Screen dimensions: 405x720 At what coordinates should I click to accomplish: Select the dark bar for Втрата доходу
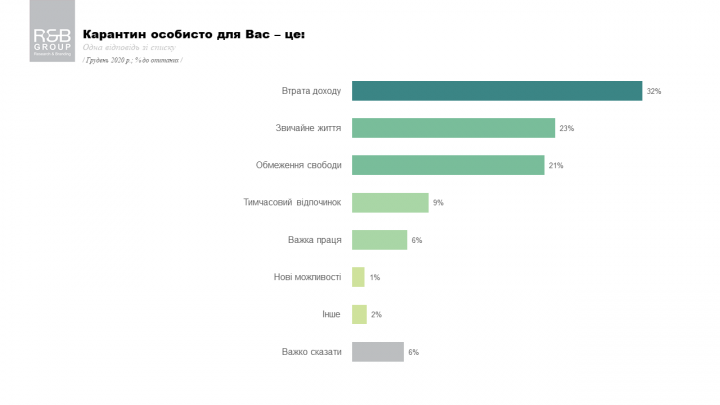(x=497, y=91)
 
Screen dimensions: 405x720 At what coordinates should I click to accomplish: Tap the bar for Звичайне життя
(x=453, y=128)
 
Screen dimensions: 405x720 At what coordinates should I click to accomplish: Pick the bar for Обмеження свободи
(x=448, y=165)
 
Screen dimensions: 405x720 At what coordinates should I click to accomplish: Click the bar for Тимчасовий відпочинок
(x=390, y=202)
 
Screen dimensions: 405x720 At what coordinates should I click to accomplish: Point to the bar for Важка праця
(x=379, y=240)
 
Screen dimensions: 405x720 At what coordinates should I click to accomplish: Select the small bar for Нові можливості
(x=358, y=277)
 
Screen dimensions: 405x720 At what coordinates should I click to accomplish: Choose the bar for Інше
(x=359, y=314)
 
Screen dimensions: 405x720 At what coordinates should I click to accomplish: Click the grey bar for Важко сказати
(x=377, y=352)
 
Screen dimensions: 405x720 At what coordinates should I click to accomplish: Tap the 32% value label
(x=654, y=91)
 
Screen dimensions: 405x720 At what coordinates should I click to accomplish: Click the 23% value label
(x=567, y=129)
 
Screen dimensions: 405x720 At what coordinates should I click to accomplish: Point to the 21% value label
(x=556, y=166)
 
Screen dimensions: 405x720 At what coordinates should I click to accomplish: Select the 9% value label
(x=438, y=203)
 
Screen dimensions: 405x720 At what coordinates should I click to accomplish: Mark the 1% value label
(x=375, y=278)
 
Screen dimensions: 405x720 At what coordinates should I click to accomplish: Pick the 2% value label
(x=376, y=315)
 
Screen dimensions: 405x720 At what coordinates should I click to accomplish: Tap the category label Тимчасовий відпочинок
(x=292, y=202)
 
